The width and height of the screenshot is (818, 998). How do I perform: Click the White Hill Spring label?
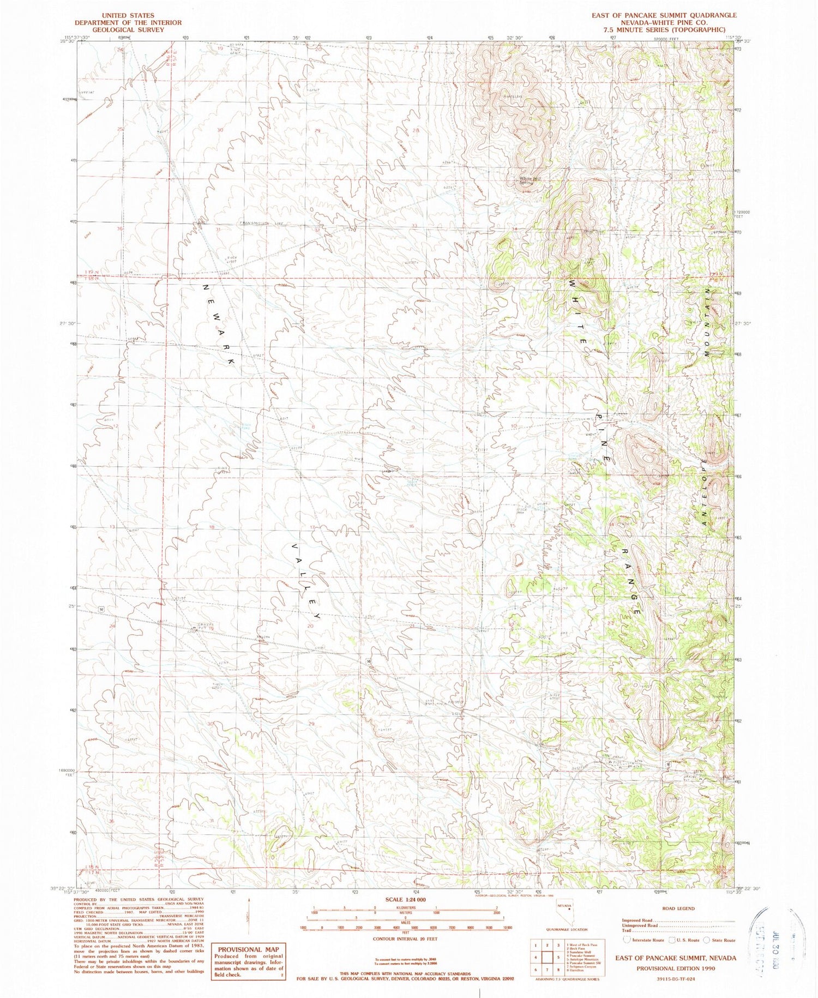[x=526, y=181]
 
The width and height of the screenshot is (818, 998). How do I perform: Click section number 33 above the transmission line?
[x=414, y=226]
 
